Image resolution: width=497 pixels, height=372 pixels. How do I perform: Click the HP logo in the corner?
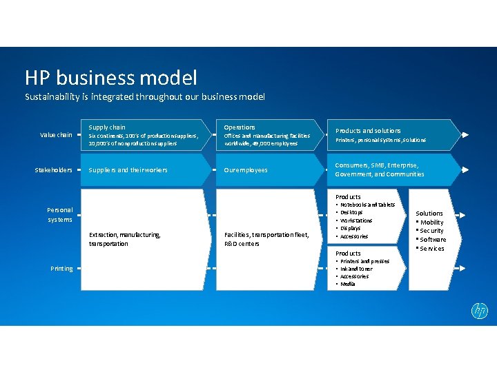[480, 311]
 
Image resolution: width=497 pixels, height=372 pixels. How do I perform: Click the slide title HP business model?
[111, 78]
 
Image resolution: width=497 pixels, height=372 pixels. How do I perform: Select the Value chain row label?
[56, 135]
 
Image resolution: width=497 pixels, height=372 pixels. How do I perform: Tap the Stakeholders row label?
[54, 170]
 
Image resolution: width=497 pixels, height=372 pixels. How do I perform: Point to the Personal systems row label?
[60, 214]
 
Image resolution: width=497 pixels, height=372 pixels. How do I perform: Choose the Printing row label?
[61, 269]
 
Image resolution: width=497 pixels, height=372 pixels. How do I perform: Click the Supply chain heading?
[107, 127]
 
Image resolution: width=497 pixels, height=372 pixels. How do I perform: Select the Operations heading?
[240, 127]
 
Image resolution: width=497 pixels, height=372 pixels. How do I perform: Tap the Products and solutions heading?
[368, 131]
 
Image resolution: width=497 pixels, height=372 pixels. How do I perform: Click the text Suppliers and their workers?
[128, 170]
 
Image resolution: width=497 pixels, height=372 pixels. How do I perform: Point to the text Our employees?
[246, 170]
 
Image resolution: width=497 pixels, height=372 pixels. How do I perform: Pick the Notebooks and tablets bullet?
[367, 205]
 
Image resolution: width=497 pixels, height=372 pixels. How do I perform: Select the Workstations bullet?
[356, 220]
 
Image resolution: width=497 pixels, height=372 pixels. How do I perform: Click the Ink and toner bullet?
[356, 269]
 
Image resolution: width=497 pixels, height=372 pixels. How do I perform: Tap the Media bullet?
[348, 284]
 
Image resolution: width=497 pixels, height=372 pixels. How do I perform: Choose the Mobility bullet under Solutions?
[432, 223]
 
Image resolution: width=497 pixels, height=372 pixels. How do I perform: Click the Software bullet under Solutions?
[433, 240]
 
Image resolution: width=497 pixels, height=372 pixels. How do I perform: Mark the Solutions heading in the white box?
[429, 214]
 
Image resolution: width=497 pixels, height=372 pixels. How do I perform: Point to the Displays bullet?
[351, 228]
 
